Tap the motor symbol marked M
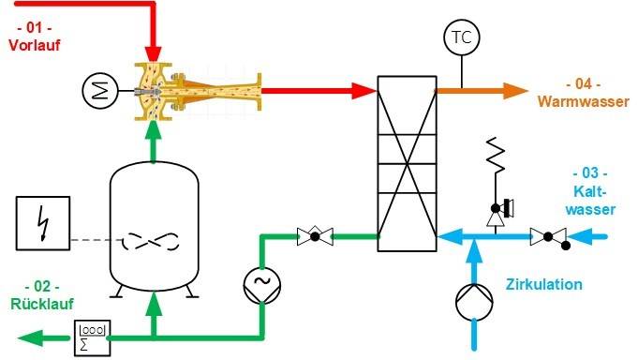[x=96, y=90]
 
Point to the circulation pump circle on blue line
[x=474, y=302]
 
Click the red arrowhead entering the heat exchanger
[x=364, y=90]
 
